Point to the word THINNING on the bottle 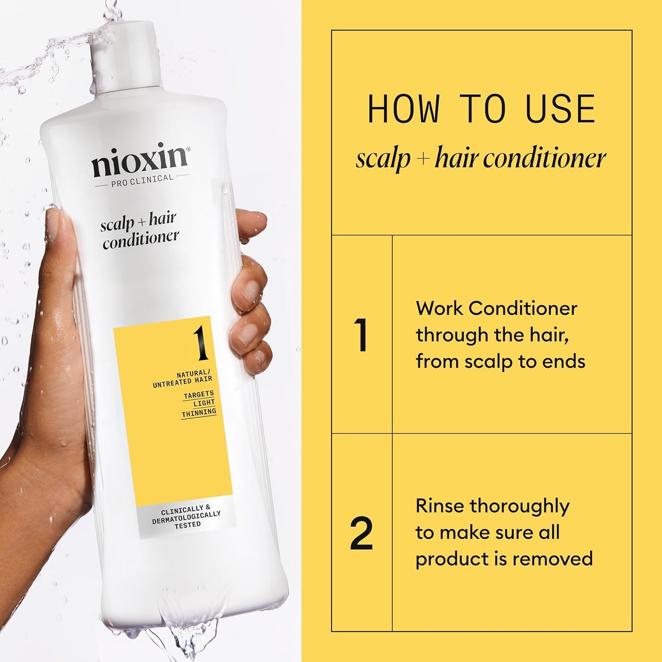pos(199,413)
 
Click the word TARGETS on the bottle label pos(198,394)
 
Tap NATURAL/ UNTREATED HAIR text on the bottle pos(183,378)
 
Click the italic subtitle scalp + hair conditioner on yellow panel pos(481,159)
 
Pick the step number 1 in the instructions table pos(361,335)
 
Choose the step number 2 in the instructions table pos(361,533)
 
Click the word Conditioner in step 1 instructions pos(522,308)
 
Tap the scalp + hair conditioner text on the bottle pos(139,230)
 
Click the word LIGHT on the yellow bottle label pos(204,403)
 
